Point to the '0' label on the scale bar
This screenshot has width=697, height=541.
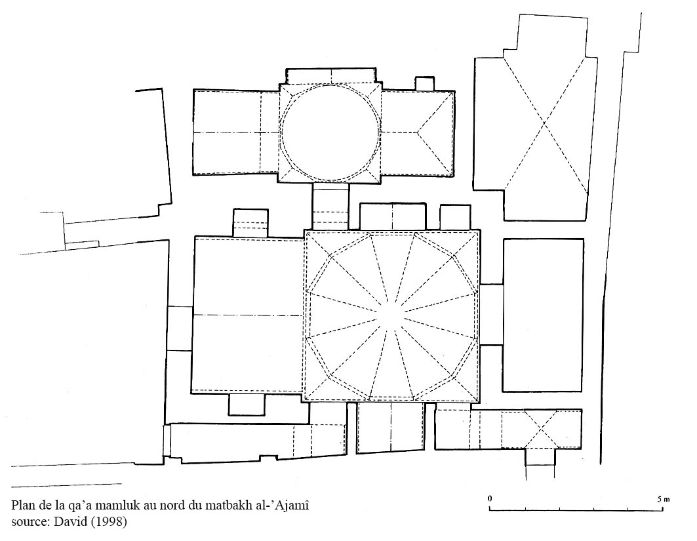tap(490, 498)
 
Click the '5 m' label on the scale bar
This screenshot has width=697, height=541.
tap(663, 498)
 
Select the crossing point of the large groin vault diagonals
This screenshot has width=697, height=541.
tap(544, 122)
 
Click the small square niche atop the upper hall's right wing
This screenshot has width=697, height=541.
tap(424, 83)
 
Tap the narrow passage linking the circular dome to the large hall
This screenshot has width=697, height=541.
tap(331, 206)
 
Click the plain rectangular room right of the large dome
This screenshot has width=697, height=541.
tap(543, 315)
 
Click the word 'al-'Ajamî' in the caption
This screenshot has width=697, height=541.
tap(287, 506)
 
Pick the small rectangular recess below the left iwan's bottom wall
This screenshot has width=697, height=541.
tap(247, 405)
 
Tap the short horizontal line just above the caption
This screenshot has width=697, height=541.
tap(66, 484)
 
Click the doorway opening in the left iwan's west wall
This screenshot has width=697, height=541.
tap(180, 329)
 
